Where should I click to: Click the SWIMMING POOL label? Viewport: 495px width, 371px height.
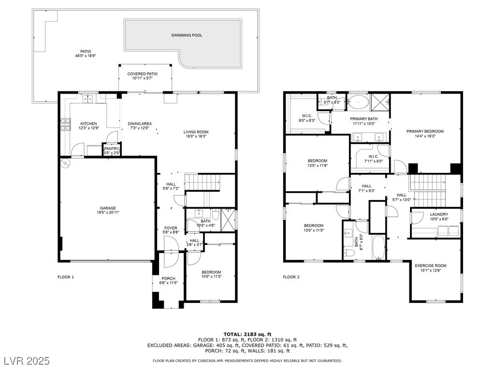tap(187, 35)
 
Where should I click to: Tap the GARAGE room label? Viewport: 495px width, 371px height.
tap(108, 208)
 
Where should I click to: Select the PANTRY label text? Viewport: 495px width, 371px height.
tap(112, 149)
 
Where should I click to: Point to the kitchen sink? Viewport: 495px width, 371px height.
tap(88, 99)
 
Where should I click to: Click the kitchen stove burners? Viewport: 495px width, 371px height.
tap(65, 125)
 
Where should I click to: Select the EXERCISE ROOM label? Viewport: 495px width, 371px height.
tap(431, 266)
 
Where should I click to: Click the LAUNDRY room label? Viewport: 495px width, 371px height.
tap(439, 214)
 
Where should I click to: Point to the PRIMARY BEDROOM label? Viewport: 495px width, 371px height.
tap(425, 131)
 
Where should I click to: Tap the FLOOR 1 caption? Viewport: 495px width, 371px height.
tap(66, 277)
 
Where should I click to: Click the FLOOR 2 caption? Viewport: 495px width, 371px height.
tap(291, 277)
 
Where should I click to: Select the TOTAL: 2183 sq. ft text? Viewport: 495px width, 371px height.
tap(247, 334)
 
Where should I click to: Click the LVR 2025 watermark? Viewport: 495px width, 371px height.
tap(27, 360)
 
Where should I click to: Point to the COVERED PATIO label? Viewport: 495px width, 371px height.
tap(143, 74)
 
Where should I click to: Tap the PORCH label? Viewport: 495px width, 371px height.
tap(168, 279)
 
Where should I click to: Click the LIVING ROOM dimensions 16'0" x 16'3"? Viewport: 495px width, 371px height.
tap(196, 136)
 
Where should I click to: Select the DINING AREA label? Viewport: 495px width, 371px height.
tap(140, 124)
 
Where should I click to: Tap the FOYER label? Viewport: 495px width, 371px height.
tap(171, 228)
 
